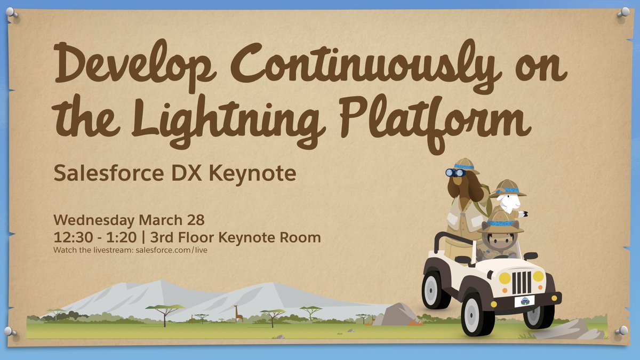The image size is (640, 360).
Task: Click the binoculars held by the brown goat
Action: pos(455,172)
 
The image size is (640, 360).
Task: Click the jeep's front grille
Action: pos(521,282)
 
